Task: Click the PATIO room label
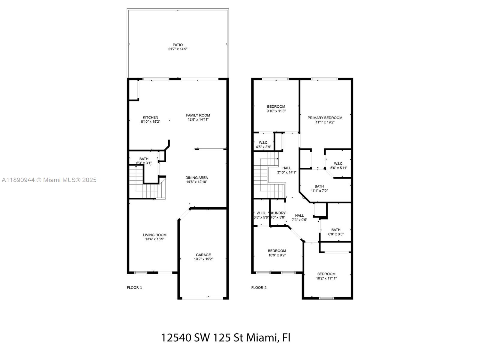tap(178, 45)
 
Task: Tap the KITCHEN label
tap(150, 117)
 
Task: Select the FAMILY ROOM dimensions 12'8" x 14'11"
tap(198, 119)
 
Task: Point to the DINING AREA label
tap(196, 178)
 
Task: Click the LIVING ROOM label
tap(154, 235)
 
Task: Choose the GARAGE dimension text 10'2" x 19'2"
tap(203, 259)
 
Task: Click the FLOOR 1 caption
tap(134, 287)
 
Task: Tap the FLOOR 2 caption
tap(259, 287)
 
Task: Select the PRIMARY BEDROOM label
tap(325, 118)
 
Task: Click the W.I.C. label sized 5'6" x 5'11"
tap(338, 163)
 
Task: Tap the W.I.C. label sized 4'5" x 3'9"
tap(263, 142)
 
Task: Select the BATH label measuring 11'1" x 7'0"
tap(319, 186)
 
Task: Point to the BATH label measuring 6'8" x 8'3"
tap(336, 230)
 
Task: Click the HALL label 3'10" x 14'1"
tap(286, 168)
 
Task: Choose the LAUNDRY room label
tap(278, 213)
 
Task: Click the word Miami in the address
tap(261, 337)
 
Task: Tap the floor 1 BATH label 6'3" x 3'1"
tap(144, 159)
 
